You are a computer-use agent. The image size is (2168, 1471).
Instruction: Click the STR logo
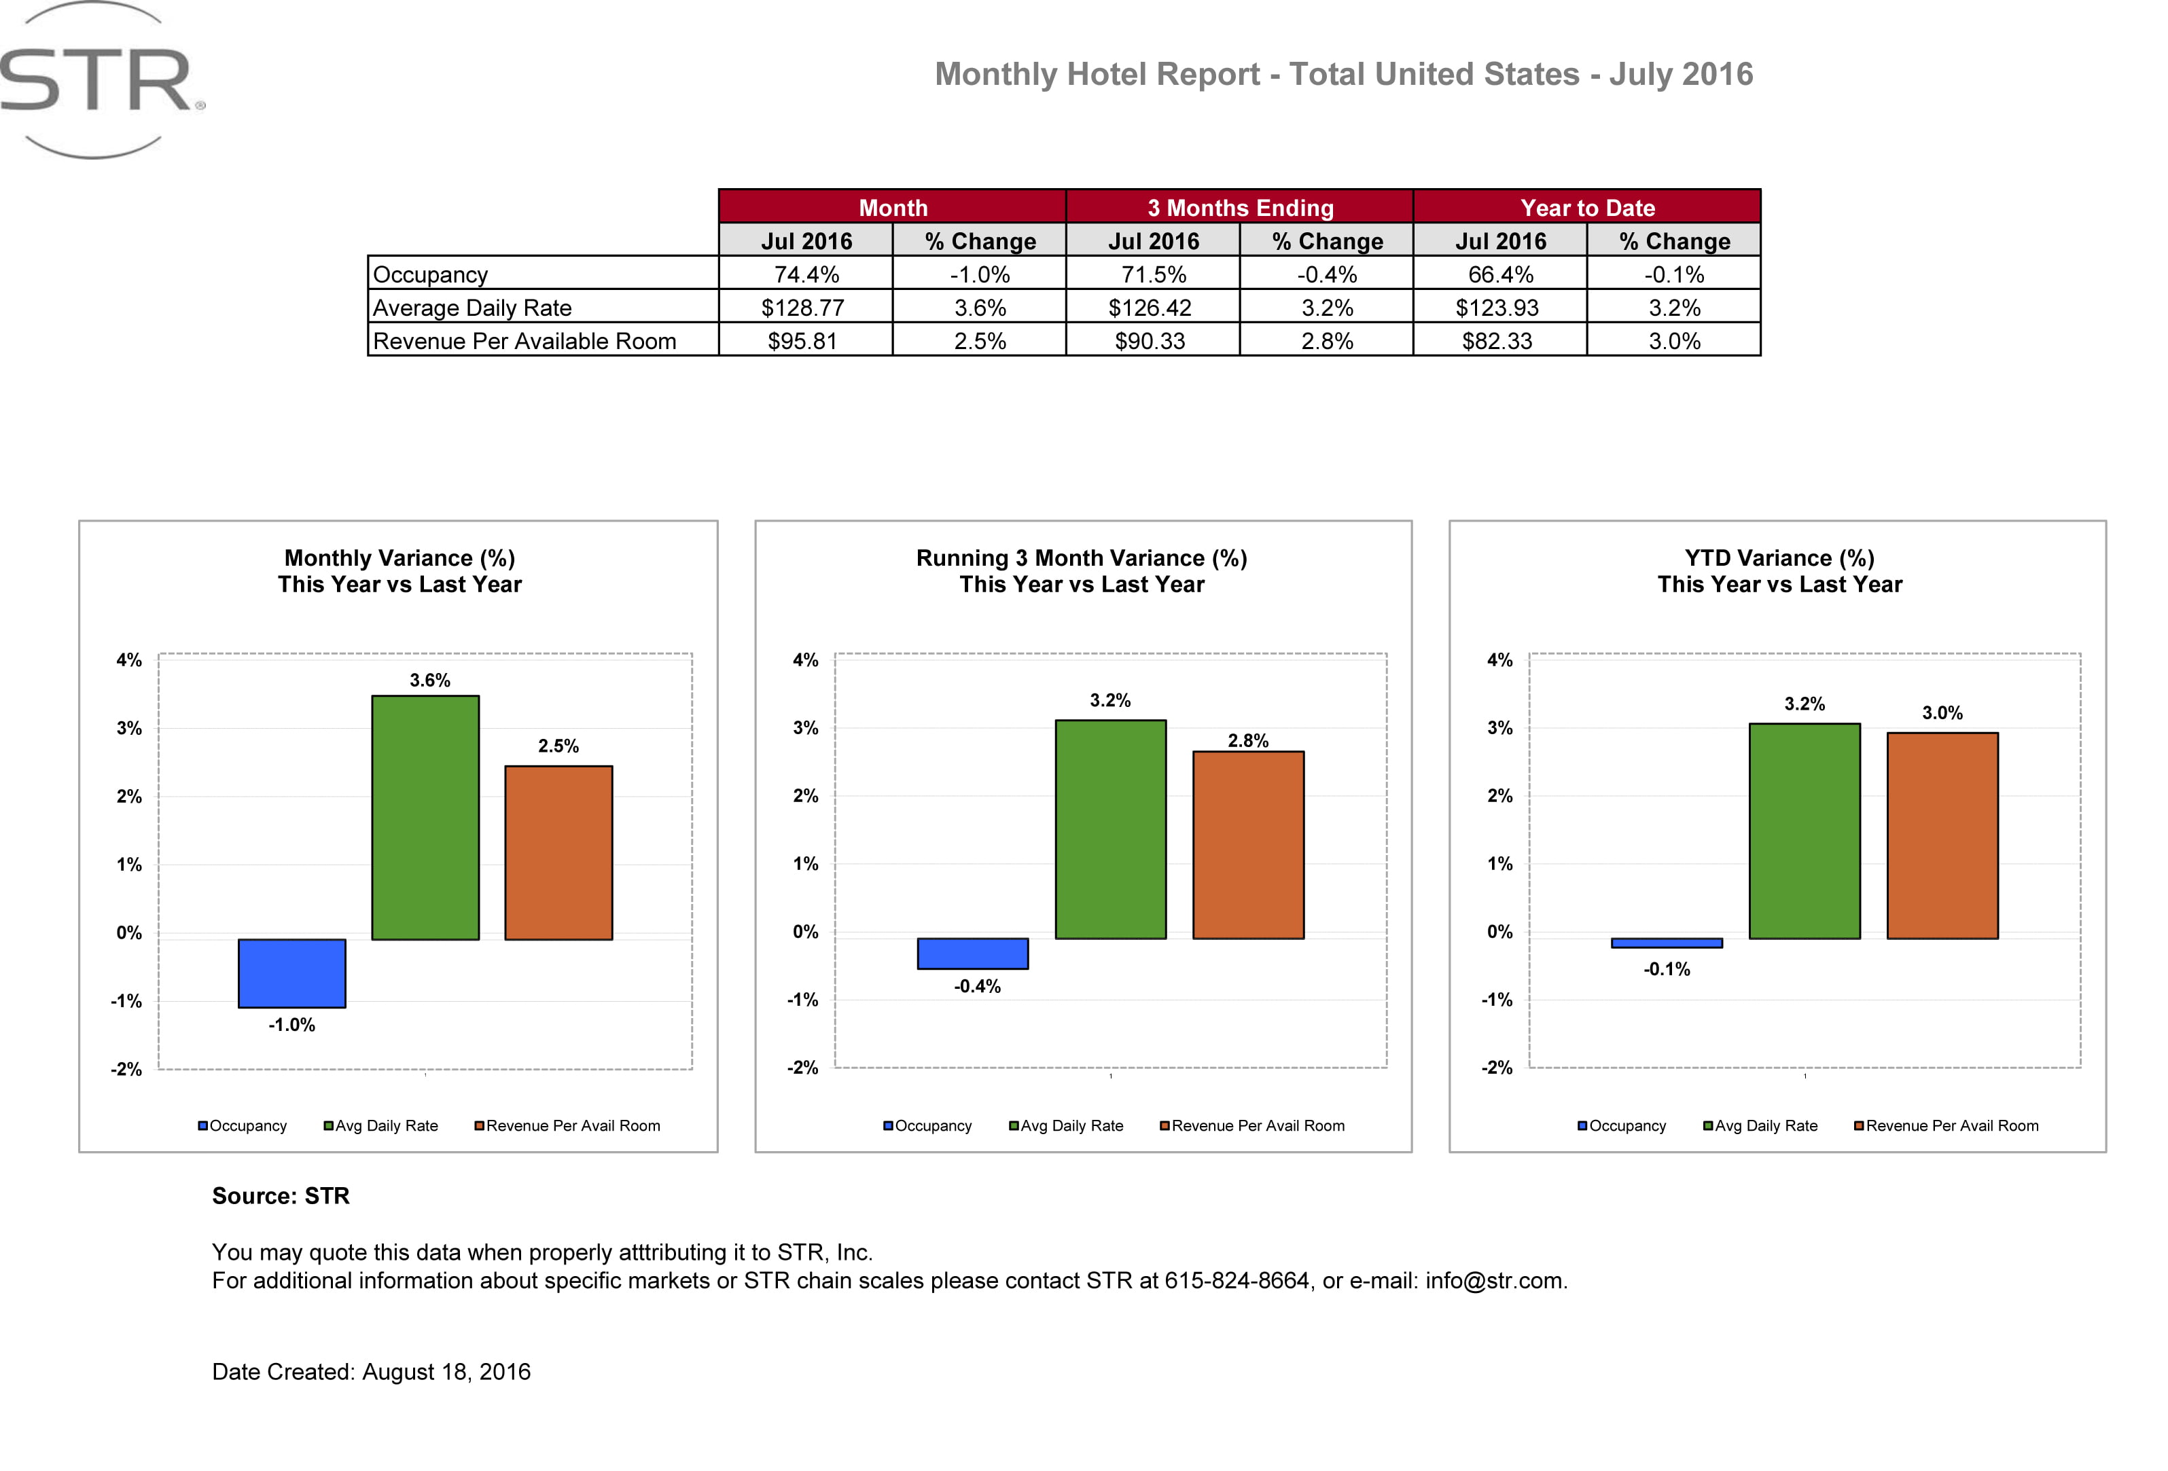coord(98,81)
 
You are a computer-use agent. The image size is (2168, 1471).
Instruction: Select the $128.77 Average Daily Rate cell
coord(803,308)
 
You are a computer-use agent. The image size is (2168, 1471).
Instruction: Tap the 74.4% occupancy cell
coord(806,274)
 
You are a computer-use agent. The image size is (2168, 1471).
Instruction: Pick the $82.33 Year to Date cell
coord(1497,342)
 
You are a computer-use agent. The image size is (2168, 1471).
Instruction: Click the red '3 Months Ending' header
coord(1240,207)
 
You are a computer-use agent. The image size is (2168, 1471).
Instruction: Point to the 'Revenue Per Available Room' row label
coord(525,342)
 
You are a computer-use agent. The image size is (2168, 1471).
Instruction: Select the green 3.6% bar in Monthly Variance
coord(425,817)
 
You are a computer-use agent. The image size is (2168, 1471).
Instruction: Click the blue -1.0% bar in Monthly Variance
coord(292,973)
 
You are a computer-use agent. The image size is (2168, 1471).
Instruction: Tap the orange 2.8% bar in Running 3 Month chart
coord(1248,844)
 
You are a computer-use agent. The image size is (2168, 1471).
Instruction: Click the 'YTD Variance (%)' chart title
coord(1779,558)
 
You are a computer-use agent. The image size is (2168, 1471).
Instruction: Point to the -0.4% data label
coord(977,987)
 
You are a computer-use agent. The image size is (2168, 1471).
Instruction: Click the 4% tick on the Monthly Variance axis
coord(128,660)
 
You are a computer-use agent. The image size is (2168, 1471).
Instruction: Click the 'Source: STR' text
coord(281,1196)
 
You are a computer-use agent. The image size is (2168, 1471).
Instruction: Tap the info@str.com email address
coord(1495,1281)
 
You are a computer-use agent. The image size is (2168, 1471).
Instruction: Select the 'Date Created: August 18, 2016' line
coord(371,1371)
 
